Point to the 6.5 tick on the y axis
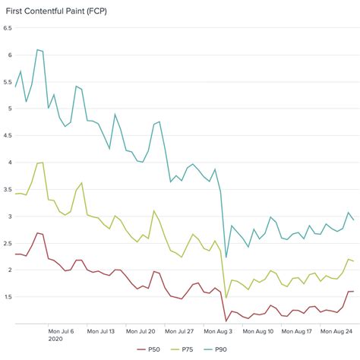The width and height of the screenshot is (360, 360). point(7,28)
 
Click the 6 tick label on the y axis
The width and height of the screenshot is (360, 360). point(8,55)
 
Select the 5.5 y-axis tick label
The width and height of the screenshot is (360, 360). point(7,82)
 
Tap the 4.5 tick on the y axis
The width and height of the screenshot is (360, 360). point(7,135)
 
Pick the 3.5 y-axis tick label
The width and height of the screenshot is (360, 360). point(7,189)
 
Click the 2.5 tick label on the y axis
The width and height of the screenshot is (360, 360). point(7,243)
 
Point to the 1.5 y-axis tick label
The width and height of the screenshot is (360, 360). point(7,296)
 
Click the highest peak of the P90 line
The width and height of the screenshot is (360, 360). point(37,49)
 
